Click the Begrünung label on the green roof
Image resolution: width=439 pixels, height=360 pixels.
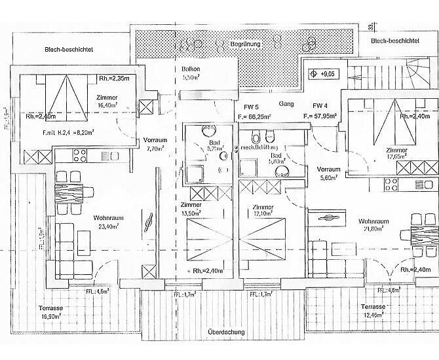click(x=245, y=43)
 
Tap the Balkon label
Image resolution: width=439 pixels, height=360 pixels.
click(x=191, y=69)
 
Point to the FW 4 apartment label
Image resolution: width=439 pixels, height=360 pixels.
click(x=320, y=105)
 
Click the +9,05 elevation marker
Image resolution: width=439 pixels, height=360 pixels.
click(x=324, y=74)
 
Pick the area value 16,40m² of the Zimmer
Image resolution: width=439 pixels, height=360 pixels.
click(x=105, y=104)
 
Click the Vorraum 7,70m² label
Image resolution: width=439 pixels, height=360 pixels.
click(x=156, y=144)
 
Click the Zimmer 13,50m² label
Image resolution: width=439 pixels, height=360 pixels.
click(x=191, y=209)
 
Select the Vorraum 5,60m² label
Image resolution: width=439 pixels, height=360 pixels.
click(x=328, y=172)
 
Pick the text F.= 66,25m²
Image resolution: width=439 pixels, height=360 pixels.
click(x=256, y=117)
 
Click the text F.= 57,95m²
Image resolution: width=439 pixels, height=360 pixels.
click(x=320, y=117)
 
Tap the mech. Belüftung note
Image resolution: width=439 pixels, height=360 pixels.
click(x=260, y=148)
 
